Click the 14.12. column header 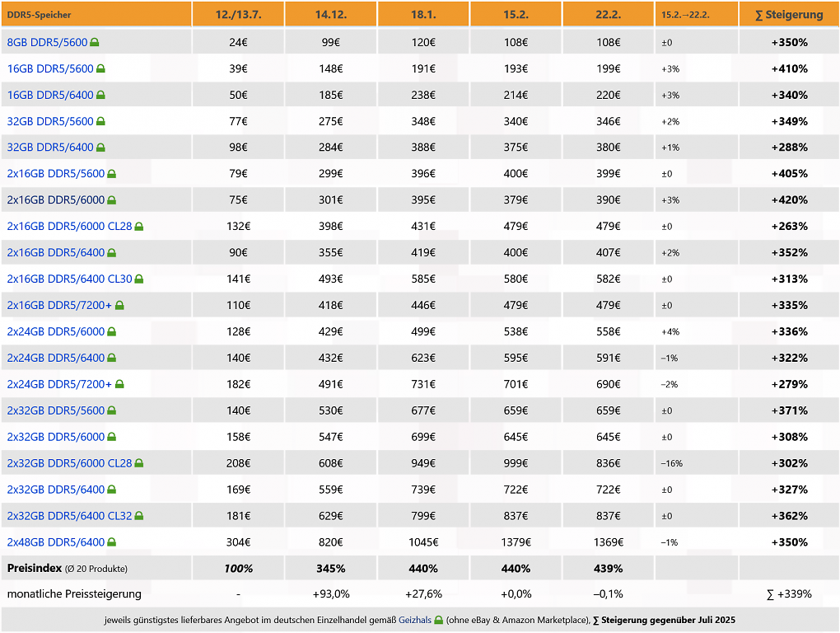(x=330, y=15)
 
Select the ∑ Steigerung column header (x=789, y=15)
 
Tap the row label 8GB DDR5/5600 (x=47, y=42)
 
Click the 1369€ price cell (x=608, y=542)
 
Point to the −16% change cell (x=671, y=463)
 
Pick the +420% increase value (x=789, y=200)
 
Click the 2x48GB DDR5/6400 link (x=56, y=542)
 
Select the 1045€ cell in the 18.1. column (x=423, y=542)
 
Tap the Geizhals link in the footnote (x=414, y=620)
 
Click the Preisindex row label (x=35, y=568)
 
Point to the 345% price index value (x=330, y=568)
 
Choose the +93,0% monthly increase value (x=330, y=594)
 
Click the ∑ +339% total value (x=789, y=594)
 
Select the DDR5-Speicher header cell (x=39, y=15)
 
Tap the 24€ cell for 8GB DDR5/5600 (x=238, y=42)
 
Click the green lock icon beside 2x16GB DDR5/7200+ (x=119, y=305)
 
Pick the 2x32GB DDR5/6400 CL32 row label (x=69, y=516)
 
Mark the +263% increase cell (x=789, y=226)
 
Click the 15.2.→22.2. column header (x=685, y=15)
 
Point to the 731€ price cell (x=423, y=384)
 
